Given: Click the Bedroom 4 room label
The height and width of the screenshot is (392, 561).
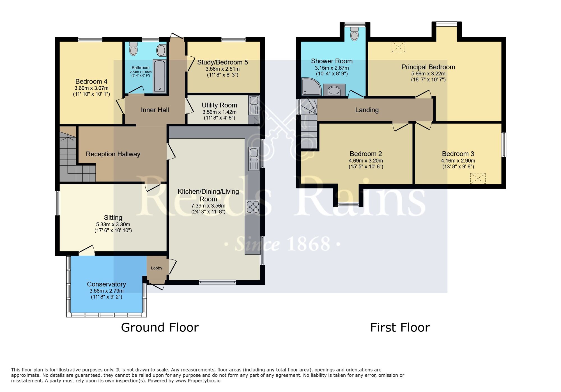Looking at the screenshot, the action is (x=91, y=82).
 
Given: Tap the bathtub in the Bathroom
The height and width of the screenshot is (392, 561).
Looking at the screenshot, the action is (x=160, y=76).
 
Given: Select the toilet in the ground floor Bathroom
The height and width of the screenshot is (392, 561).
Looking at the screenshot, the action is (x=134, y=49).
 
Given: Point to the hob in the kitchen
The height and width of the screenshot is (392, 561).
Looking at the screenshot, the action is (x=253, y=207).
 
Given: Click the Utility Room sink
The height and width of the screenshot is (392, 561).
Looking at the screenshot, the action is (x=254, y=105).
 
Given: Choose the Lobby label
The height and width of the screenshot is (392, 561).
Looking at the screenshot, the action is (x=157, y=268).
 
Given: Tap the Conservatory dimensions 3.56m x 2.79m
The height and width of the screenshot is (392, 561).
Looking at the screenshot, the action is (x=107, y=291).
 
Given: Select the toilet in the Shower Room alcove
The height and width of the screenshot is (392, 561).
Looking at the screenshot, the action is (x=355, y=34).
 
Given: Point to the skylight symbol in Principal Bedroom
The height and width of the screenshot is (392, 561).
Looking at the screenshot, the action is (x=398, y=47).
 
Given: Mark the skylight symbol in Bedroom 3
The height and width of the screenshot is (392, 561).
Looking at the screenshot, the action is (x=478, y=178).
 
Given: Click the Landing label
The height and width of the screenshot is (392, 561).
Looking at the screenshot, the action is (x=367, y=110).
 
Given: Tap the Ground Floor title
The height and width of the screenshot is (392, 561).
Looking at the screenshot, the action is (x=160, y=328).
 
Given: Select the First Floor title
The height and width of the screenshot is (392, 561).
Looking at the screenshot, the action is (x=400, y=328).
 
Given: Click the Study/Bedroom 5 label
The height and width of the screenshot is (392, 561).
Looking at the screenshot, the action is (x=222, y=62).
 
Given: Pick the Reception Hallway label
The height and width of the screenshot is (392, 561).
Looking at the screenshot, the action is (x=113, y=154).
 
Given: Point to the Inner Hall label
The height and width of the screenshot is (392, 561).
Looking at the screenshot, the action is (x=155, y=110).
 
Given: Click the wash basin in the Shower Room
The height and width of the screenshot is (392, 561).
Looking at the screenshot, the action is (x=334, y=90).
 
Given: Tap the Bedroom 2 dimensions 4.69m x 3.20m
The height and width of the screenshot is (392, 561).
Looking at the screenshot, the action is (x=366, y=161).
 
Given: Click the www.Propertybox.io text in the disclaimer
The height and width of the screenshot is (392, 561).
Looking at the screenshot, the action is (x=198, y=381).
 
